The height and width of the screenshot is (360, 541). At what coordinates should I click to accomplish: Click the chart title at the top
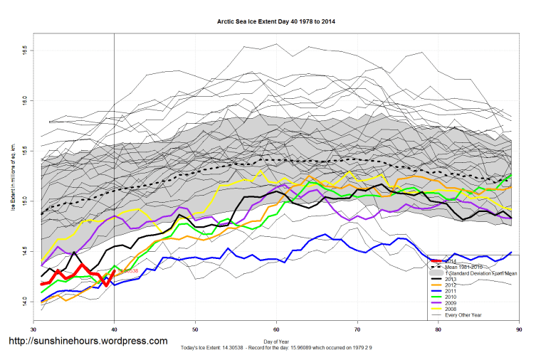tap(276, 22)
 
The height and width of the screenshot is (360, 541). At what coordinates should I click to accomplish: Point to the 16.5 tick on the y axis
tap(24, 51)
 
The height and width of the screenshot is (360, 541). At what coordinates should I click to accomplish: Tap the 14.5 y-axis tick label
tap(24, 251)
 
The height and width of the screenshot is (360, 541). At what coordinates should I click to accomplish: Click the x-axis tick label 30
tap(33, 329)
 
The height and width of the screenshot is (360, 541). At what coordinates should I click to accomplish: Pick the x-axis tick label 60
tap(276, 329)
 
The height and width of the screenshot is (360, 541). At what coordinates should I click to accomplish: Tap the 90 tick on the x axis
tap(519, 329)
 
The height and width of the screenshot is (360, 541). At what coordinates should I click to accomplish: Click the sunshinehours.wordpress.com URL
tap(88, 342)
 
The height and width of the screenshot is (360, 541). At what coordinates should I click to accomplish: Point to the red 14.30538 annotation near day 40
tap(127, 271)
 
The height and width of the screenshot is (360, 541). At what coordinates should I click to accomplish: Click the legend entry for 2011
tap(451, 291)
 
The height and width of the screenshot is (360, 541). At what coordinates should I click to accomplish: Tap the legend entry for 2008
tap(451, 309)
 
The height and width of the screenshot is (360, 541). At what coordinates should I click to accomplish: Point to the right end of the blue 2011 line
tap(511, 252)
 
